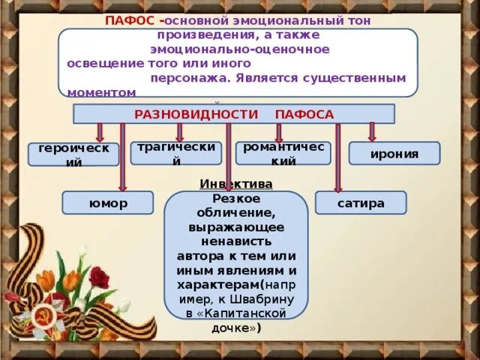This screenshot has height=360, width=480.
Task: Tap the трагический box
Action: click(176, 153)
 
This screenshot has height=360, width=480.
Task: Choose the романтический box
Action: click(283, 153)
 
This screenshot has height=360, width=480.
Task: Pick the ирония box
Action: click(394, 154)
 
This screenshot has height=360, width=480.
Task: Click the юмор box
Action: click(107, 202)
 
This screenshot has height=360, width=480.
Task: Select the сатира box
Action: click(361, 202)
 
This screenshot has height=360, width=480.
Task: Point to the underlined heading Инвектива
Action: click(236, 184)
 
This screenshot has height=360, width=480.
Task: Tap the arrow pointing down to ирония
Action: click(371, 132)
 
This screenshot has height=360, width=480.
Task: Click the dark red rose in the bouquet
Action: click(99, 278)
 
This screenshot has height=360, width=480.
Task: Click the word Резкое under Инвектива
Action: click(236, 198)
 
